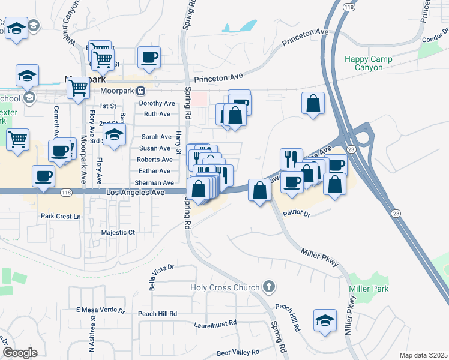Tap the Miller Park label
pyautogui.click(x=369, y=289)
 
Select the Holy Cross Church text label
pyautogui.click(x=225, y=287)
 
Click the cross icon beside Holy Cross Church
pyautogui.click(x=269, y=287)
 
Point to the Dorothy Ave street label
pyautogui.click(x=157, y=103)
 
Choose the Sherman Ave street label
pyautogui.click(x=154, y=182)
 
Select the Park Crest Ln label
pyautogui.click(x=61, y=216)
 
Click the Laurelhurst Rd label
pyautogui.click(x=215, y=323)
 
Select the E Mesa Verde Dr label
pyautogui.click(x=101, y=311)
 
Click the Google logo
pyautogui.click(x=20, y=353)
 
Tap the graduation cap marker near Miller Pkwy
pyautogui.click(x=325, y=320)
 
